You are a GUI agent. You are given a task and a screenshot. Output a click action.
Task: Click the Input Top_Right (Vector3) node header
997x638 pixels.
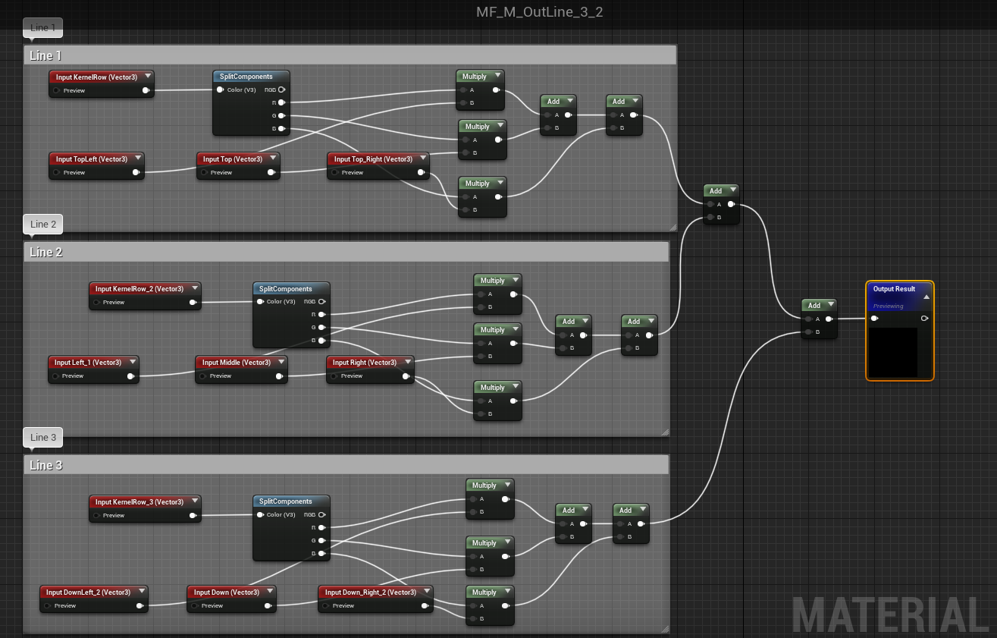(x=373, y=159)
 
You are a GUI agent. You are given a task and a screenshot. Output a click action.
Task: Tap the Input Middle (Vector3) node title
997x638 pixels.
(x=236, y=363)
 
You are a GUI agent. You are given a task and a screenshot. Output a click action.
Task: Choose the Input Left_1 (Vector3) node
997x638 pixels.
(x=88, y=363)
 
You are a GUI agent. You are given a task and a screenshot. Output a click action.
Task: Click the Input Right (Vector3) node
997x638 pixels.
(x=364, y=363)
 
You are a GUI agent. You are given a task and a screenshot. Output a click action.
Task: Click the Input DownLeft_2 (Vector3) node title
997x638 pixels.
(x=88, y=592)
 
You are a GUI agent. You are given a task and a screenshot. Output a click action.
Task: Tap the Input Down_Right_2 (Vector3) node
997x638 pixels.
(x=370, y=592)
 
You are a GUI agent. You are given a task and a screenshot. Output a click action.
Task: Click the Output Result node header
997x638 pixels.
(x=894, y=289)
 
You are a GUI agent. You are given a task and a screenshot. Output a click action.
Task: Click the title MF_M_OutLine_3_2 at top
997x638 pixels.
(x=539, y=12)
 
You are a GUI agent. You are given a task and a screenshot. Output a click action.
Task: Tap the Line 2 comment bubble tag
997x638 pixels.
(x=43, y=224)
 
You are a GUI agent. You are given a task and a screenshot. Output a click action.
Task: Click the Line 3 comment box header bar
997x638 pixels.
(x=346, y=465)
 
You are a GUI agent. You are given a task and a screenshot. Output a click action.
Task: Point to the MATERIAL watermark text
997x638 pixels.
(x=891, y=614)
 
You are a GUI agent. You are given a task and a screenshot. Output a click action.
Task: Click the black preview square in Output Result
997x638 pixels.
(x=892, y=352)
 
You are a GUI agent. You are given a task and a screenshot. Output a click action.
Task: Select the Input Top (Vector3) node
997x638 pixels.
(x=232, y=159)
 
